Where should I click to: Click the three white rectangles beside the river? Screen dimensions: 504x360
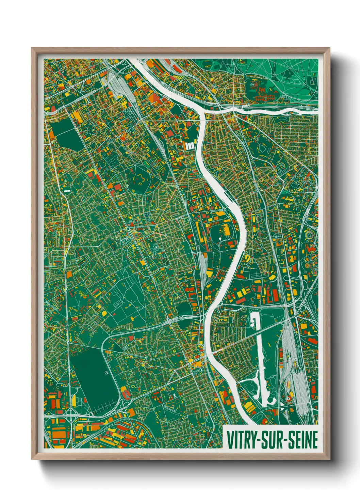(x=190, y=146)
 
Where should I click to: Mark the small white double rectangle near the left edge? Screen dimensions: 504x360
(x=67, y=191)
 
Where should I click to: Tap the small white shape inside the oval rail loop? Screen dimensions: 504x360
(x=220, y=238)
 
